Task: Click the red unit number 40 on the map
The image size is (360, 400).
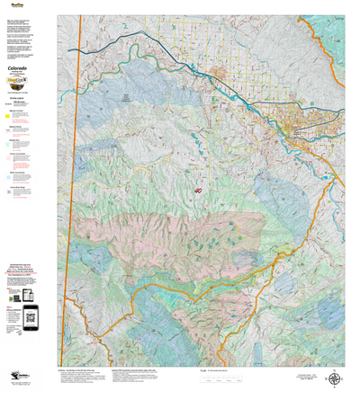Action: [x=198, y=191]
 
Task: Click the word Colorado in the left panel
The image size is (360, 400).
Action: [x=28, y=67]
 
